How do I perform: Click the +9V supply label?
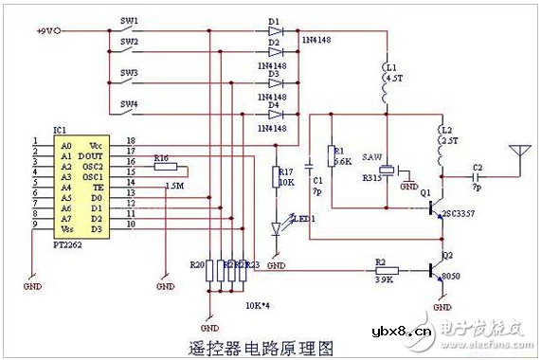click(x=48, y=30)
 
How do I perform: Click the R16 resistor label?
click(x=161, y=158)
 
